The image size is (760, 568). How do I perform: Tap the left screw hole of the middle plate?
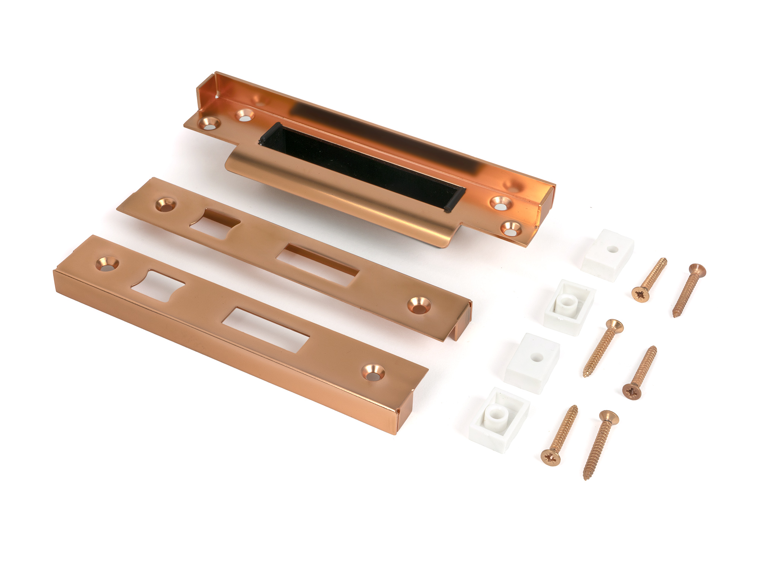coord(166,204)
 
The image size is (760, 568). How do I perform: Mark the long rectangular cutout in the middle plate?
coord(317,264)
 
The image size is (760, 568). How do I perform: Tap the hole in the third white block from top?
coord(536,357)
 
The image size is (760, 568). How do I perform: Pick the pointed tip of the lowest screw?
coord(586,477)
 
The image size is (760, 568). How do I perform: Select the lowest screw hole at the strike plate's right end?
coord(511,228)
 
